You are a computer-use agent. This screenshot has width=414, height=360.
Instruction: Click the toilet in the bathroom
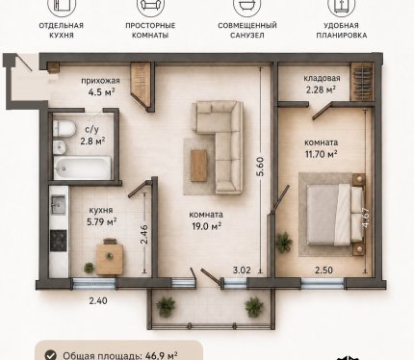[x=64, y=128]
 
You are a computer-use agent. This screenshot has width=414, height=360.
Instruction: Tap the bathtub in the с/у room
[x=82, y=167]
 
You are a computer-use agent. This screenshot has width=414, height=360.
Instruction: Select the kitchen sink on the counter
[x=59, y=205]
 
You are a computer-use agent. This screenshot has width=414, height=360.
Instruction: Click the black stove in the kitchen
[x=59, y=241]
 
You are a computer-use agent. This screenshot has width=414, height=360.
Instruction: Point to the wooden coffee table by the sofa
[x=198, y=166]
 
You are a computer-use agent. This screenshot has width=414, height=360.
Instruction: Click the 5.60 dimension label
[x=260, y=167]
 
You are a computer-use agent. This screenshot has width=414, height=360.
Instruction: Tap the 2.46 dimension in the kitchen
[x=144, y=235]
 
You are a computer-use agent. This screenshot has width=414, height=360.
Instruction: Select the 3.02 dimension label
[x=242, y=270]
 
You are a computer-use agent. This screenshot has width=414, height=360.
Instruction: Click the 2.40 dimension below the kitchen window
[x=98, y=301]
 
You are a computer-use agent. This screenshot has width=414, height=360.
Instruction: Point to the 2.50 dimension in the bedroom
[x=323, y=270]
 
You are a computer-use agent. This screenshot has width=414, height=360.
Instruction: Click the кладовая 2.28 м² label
[x=322, y=84]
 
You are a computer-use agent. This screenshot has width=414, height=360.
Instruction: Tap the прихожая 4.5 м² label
[x=100, y=87]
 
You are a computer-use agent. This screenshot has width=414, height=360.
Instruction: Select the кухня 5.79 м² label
[x=101, y=216]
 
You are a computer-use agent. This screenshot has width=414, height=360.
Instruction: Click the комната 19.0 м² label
[x=206, y=220]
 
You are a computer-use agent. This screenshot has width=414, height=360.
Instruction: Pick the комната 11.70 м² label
[x=321, y=148]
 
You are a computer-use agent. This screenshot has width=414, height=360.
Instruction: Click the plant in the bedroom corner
[x=284, y=243]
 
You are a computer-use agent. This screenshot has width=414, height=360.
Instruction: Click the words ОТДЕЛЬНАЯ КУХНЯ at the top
[x=62, y=30]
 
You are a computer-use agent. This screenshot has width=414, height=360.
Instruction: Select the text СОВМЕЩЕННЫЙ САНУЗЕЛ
[x=247, y=30]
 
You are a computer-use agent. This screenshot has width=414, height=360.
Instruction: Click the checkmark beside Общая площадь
[x=50, y=355]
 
